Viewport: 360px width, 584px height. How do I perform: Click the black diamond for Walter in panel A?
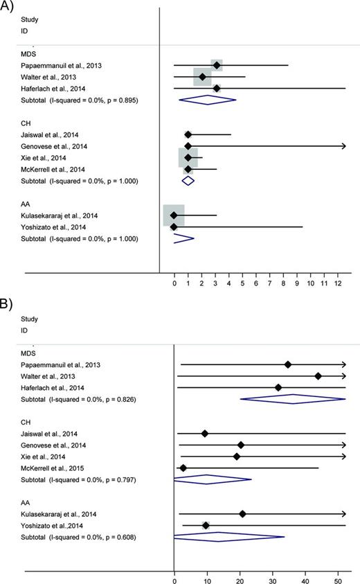(x=202, y=76)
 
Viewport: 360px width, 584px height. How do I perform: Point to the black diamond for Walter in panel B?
(x=318, y=376)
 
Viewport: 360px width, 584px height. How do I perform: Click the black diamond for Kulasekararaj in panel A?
(x=174, y=215)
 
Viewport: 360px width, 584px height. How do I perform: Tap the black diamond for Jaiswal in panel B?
(x=204, y=433)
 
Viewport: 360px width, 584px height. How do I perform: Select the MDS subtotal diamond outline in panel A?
(x=208, y=100)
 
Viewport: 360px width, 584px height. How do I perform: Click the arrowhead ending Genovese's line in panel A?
(x=343, y=145)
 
